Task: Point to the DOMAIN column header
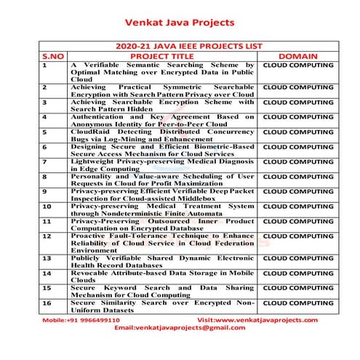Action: [x=298, y=55]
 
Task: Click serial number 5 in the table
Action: [x=45, y=132]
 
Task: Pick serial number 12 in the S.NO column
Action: [x=47, y=236]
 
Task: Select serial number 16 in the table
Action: [x=47, y=303]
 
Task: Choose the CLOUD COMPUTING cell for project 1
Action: [x=298, y=65]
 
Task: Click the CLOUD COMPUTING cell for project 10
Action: [x=298, y=206]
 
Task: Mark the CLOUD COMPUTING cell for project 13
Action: [x=298, y=257]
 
